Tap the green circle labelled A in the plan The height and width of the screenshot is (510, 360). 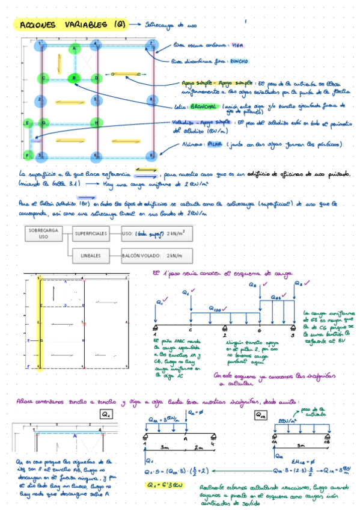click(75, 48)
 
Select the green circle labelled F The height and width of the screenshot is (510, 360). click(29, 155)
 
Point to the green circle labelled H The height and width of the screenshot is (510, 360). click(96, 123)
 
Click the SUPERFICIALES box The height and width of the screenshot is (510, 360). click(93, 232)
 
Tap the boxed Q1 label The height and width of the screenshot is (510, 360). click(106, 414)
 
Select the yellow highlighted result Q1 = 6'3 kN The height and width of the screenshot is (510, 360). click(163, 484)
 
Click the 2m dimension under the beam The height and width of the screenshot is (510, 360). click(199, 447)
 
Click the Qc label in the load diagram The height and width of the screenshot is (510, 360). click(186, 293)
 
